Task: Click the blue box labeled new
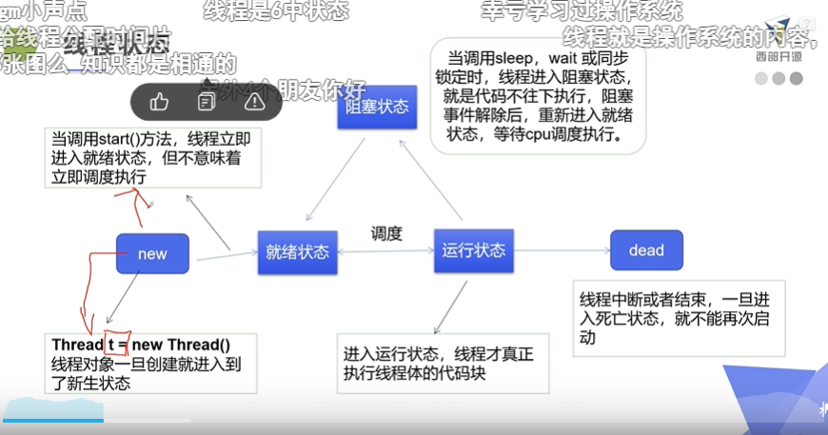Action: (152, 254)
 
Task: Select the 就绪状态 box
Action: (297, 252)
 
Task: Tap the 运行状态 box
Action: (473, 251)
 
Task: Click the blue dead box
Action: (646, 251)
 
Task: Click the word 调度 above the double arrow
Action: (386, 233)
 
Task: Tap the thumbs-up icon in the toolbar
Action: (159, 100)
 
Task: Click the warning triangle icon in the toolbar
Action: (253, 100)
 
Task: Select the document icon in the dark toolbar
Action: (206, 100)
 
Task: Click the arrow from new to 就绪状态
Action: (225, 252)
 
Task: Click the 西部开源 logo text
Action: (779, 55)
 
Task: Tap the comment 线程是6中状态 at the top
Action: (276, 11)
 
